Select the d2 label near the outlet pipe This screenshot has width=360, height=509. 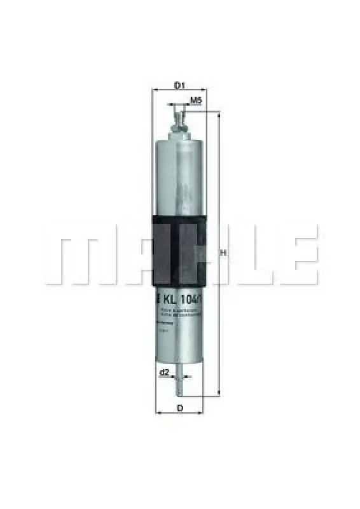pyautogui.click(x=164, y=372)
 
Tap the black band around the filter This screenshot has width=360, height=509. pyautogui.click(x=179, y=248)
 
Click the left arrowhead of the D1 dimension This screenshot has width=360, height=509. pyautogui.click(x=155, y=91)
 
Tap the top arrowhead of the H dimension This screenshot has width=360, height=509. pyautogui.click(x=218, y=115)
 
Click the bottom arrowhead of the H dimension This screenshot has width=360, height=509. pyautogui.click(x=218, y=393)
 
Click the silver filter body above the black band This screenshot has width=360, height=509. pyautogui.click(x=179, y=178)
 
